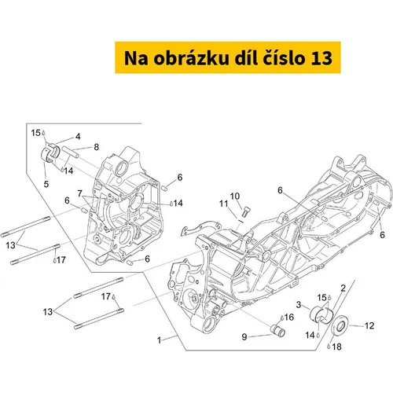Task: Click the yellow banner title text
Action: (x=228, y=58)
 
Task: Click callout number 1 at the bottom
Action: (x=159, y=340)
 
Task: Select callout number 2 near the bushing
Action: (x=343, y=288)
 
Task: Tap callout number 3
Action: (x=299, y=305)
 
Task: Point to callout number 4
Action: (x=78, y=137)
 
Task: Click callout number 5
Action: (x=46, y=184)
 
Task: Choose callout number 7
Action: (x=80, y=193)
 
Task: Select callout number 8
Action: (x=97, y=147)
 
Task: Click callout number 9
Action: (x=244, y=336)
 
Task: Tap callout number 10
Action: (x=235, y=196)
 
